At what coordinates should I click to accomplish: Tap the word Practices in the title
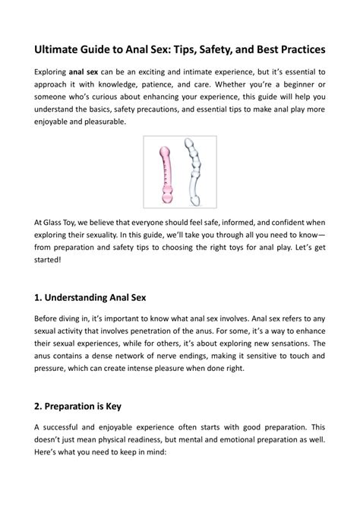(296, 49)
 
